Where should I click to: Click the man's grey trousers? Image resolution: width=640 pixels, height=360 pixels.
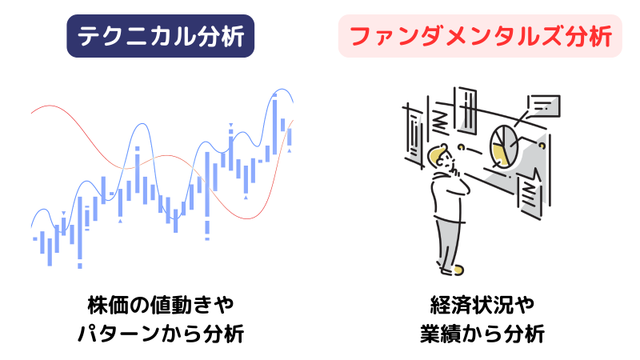point(448,240)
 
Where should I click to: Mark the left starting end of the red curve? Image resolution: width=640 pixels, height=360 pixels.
point(33,112)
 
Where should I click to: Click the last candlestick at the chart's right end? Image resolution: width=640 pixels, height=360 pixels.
point(290,135)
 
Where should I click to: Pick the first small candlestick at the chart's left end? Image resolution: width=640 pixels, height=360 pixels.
point(35,238)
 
